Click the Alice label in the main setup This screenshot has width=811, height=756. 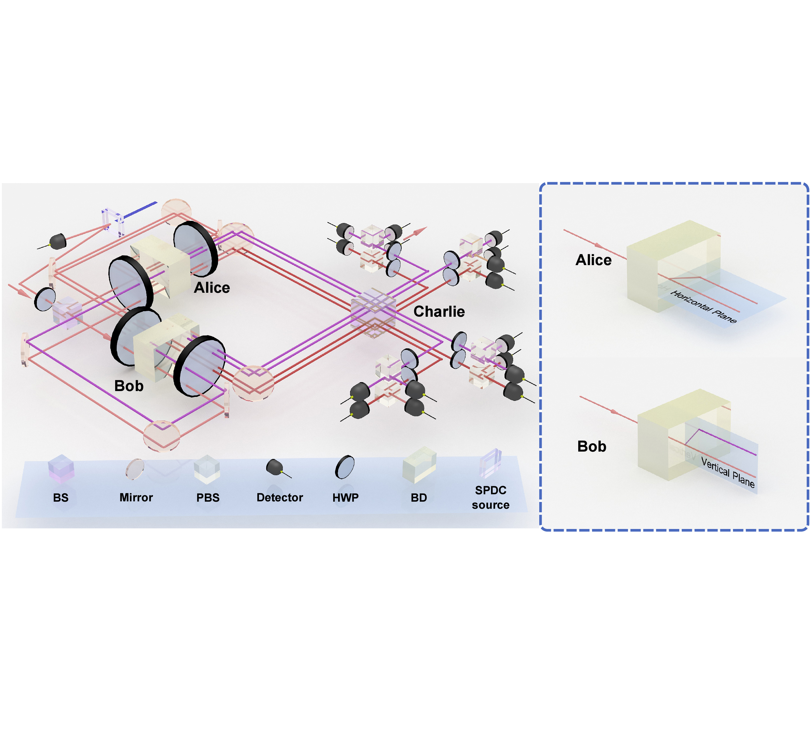tap(212, 288)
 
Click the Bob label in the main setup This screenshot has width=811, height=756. tap(129, 386)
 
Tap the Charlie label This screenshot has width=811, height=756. tap(439, 311)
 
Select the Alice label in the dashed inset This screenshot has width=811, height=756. tap(594, 260)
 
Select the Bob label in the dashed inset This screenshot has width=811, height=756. tap(591, 446)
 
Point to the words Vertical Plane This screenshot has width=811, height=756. tap(728, 472)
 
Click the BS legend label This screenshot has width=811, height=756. tap(61, 498)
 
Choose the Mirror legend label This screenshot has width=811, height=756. tap(136, 498)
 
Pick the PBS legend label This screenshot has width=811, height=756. tap(208, 498)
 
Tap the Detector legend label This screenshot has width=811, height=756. tap(280, 498)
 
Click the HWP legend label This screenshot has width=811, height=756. tap(345, 498)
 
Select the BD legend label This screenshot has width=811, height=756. tap(419, 498)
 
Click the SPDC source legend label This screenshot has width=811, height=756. tap(491, 498)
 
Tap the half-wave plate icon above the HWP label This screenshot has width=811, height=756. tap(345, 467)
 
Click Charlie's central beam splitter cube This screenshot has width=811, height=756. tap(373, 312)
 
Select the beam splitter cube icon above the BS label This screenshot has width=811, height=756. tap(61, 468)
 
